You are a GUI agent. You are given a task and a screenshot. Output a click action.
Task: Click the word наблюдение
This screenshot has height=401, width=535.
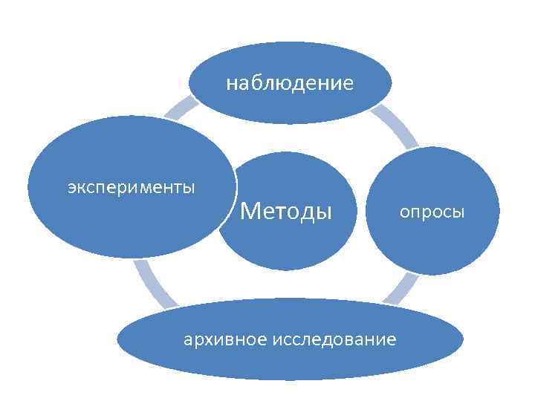290,83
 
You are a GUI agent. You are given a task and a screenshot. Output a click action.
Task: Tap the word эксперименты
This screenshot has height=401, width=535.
132,186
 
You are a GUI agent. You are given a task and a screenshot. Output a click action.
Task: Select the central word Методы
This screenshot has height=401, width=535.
286,212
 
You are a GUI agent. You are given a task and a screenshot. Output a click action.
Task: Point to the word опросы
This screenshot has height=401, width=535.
432,213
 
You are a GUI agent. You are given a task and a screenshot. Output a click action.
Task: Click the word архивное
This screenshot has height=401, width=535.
226,340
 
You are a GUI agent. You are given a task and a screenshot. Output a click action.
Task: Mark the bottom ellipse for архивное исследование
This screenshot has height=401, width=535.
290,360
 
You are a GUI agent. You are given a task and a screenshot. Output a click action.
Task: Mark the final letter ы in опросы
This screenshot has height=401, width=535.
458,213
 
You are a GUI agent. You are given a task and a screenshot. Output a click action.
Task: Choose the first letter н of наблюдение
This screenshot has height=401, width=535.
230,83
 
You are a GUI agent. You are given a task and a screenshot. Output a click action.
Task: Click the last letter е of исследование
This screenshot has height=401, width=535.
392,340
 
